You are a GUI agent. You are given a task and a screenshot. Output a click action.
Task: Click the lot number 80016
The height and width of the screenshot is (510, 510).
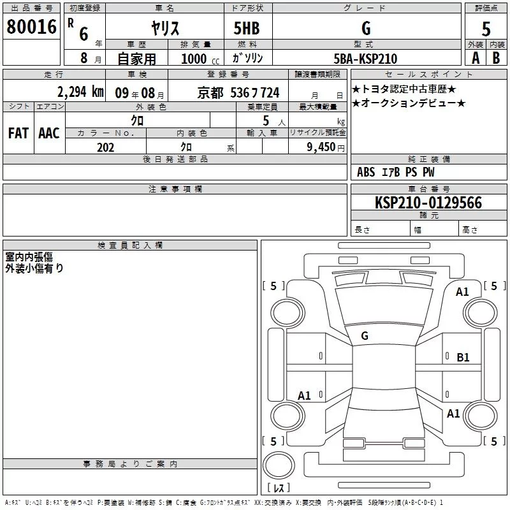point(31,27)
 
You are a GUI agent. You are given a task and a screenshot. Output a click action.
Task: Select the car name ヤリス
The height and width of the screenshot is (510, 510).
point(165,28)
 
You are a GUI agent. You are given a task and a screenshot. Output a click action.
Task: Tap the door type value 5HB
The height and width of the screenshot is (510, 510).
point(247,28)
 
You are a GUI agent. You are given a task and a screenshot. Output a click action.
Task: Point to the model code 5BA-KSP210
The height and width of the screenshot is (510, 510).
point(365,59)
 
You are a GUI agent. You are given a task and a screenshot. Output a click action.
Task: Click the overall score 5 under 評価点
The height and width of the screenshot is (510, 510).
point(486,29)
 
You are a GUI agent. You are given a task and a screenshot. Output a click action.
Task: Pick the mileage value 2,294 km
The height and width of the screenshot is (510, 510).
point(80,92)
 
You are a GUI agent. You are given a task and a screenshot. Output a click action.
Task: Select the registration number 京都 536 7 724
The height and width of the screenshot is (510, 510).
point(238,93)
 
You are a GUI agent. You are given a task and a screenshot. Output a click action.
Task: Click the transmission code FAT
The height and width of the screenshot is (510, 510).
point(18,133)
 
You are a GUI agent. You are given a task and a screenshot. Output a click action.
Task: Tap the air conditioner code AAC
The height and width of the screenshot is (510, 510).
point(49,133)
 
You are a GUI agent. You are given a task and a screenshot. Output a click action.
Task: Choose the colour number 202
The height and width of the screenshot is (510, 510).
point(105,147)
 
